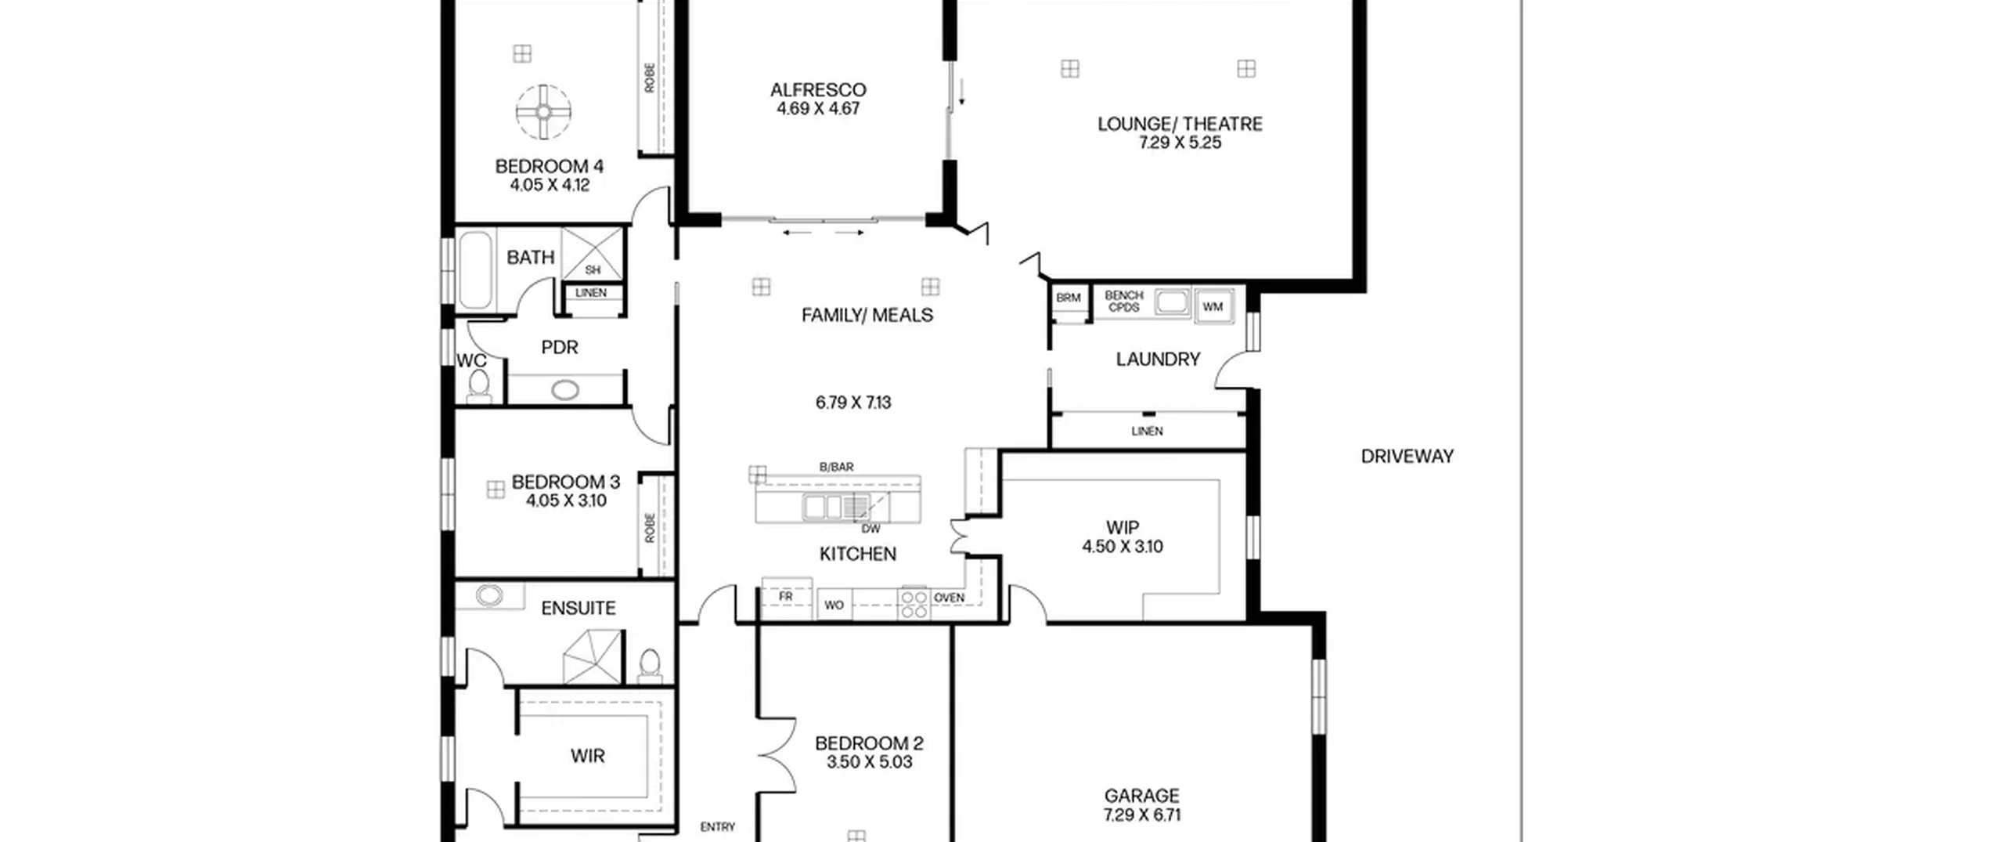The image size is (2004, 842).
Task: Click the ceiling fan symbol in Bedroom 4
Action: (x=543, y=113)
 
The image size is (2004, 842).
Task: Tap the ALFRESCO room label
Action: (x=818, y=90)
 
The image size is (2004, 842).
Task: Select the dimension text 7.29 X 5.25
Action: (x=1180, y=143)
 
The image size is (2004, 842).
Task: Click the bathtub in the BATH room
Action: (x=475, y=270)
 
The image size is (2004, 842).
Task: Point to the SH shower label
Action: (x=593, y=270)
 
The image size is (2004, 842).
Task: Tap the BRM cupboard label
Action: (x=1069, y=298)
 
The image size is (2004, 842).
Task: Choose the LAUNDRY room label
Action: (x=1158, y=360)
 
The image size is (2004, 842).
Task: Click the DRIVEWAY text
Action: (x=1407, y=457)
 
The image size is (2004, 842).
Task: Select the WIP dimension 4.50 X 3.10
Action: (x=1123, y=547)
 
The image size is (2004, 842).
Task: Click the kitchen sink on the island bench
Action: (x=822, y=508)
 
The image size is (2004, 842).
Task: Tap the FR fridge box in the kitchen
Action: (x=787, y=596)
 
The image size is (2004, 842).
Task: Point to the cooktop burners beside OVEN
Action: (x=914, y=604)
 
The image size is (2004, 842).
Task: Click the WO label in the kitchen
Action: (x=834, y=605)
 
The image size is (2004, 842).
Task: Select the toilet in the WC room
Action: (x=478, y=385)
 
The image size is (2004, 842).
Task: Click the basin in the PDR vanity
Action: (x=565, y=389)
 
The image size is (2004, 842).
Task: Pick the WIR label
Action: (x=587, y=756)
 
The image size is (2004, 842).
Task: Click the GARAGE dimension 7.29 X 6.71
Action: (x=1142, y=815)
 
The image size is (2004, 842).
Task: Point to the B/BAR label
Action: (x=836, y=468)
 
